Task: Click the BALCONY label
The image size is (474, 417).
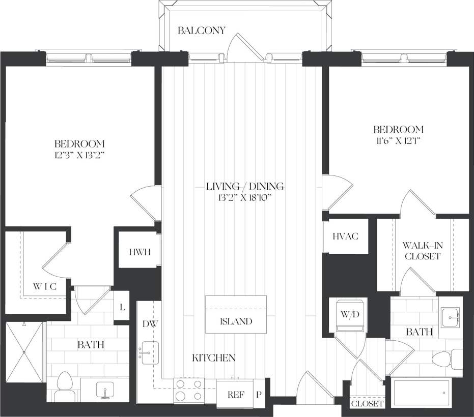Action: (201, 31)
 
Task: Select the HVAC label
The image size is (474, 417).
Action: (346, 236)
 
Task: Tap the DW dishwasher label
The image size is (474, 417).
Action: (149, 323)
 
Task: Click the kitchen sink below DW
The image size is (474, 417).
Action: (149, 353)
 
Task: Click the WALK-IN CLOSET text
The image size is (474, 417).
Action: (422, 251)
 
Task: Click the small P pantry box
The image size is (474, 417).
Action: (259, 393)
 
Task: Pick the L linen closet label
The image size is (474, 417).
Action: (121, 306)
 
